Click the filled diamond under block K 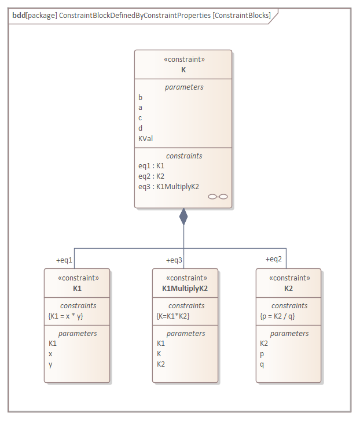[183, 216]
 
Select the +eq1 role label [64, 260]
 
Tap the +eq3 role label [174, 260]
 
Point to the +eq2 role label [274, 259]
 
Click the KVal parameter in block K [145, 138]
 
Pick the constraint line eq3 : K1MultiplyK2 [168, 186]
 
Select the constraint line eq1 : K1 [152, 165]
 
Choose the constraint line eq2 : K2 [152, 176]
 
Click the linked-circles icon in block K [218, 197]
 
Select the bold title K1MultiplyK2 [185, 287]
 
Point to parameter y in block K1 [50, 364]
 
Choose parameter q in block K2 [262, 364]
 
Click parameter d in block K [140, 128]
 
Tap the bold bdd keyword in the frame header [19, 16]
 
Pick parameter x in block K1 [50, 353]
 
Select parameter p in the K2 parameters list [262, 353]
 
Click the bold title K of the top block [183, 69]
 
